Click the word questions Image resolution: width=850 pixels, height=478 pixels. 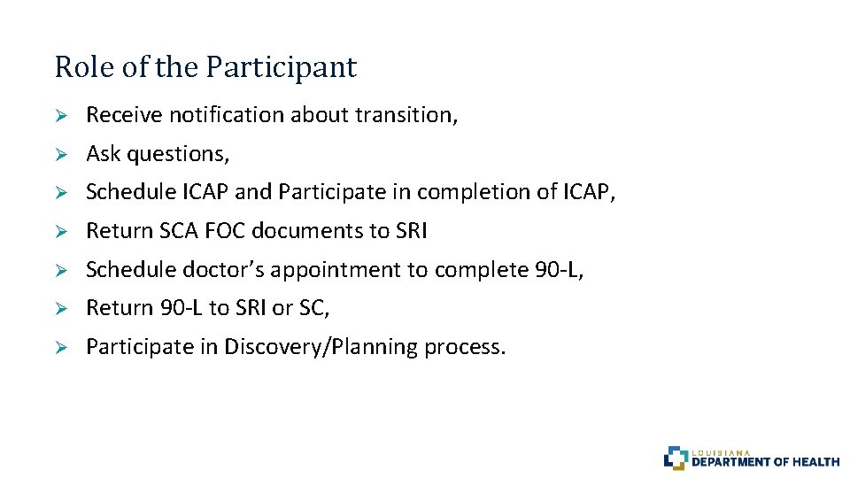[178, 154]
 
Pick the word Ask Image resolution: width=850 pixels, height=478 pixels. [104, 154]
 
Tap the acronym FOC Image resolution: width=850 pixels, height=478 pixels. [228, 231]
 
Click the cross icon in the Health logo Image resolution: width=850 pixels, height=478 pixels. [676, 457]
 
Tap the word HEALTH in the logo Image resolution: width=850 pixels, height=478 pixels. [816, 461]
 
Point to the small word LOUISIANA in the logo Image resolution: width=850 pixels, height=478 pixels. [721, 451]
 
